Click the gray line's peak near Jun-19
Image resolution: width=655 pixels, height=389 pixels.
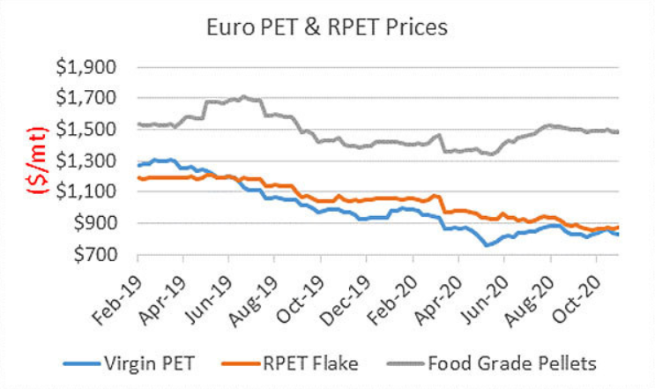243,96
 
